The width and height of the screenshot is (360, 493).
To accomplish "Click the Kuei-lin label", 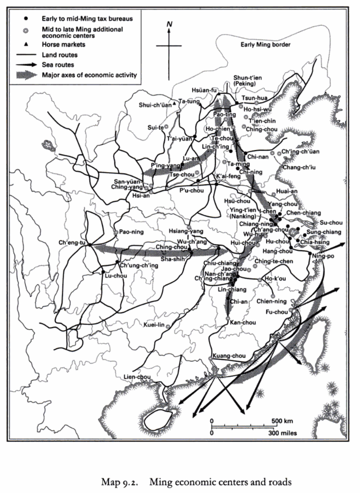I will (156, 325).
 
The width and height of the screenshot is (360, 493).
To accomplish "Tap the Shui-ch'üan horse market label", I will (154, 105).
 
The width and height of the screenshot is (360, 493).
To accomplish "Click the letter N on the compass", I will (169, 24).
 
